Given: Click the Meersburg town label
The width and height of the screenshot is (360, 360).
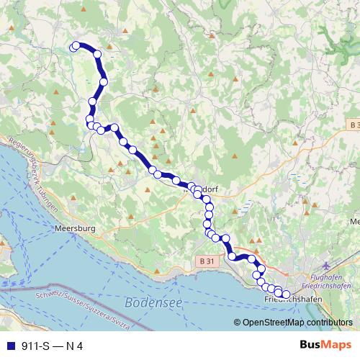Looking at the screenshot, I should click(75, 230).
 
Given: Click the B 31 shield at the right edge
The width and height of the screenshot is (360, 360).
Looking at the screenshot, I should click(351, 125).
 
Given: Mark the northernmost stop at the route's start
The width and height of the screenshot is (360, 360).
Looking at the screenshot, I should click(74, 47).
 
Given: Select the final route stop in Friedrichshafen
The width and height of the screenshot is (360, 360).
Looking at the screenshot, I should click(286, 294).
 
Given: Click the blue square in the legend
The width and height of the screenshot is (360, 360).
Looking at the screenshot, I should click(9, 346).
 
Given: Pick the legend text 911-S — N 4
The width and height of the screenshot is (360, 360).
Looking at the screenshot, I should click(50, 346).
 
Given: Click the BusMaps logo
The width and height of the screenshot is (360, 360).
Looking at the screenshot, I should click(321, 346).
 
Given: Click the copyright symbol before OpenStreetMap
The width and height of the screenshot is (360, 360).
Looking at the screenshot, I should click(238, 323).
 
